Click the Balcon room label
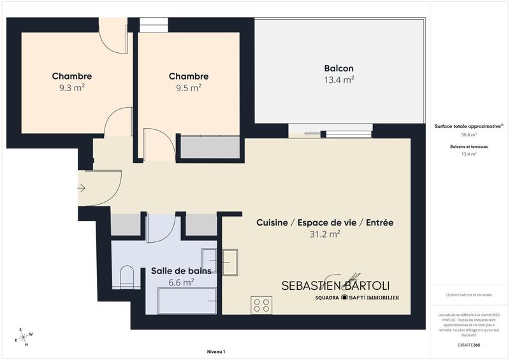(339, 68)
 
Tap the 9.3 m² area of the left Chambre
(71, 89)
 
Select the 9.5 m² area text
(188, 89)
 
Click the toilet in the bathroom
(126, 276)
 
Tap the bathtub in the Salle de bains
(187, 299)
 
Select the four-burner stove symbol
(261, 304)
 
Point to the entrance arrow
(81, 188)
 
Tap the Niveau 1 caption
(216, 352)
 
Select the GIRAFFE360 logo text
(469, 344)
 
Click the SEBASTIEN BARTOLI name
(335, 285)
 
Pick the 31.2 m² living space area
(324, 234)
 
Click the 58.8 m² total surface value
(469, 135)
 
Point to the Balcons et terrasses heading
(469, 147)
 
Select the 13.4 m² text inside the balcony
(339, 80)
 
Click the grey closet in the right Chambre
(210, 147)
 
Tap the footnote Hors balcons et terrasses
(469, 294)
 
